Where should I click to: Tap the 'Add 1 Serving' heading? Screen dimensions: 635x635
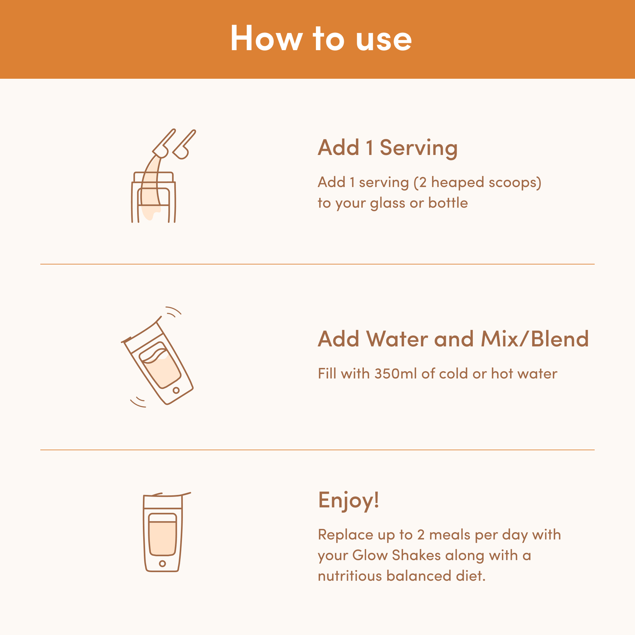388,148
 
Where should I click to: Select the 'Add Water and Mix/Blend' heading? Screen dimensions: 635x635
453,339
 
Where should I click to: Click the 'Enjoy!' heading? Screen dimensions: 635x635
348,501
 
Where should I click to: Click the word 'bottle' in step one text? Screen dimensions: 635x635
448,203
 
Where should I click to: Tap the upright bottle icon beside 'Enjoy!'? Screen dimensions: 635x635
165,532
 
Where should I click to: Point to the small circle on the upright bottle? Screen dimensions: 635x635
162,563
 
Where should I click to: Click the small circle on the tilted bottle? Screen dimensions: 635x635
176,390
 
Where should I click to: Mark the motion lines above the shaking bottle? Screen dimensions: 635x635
174,312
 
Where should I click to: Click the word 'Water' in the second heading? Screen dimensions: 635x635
398,339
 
